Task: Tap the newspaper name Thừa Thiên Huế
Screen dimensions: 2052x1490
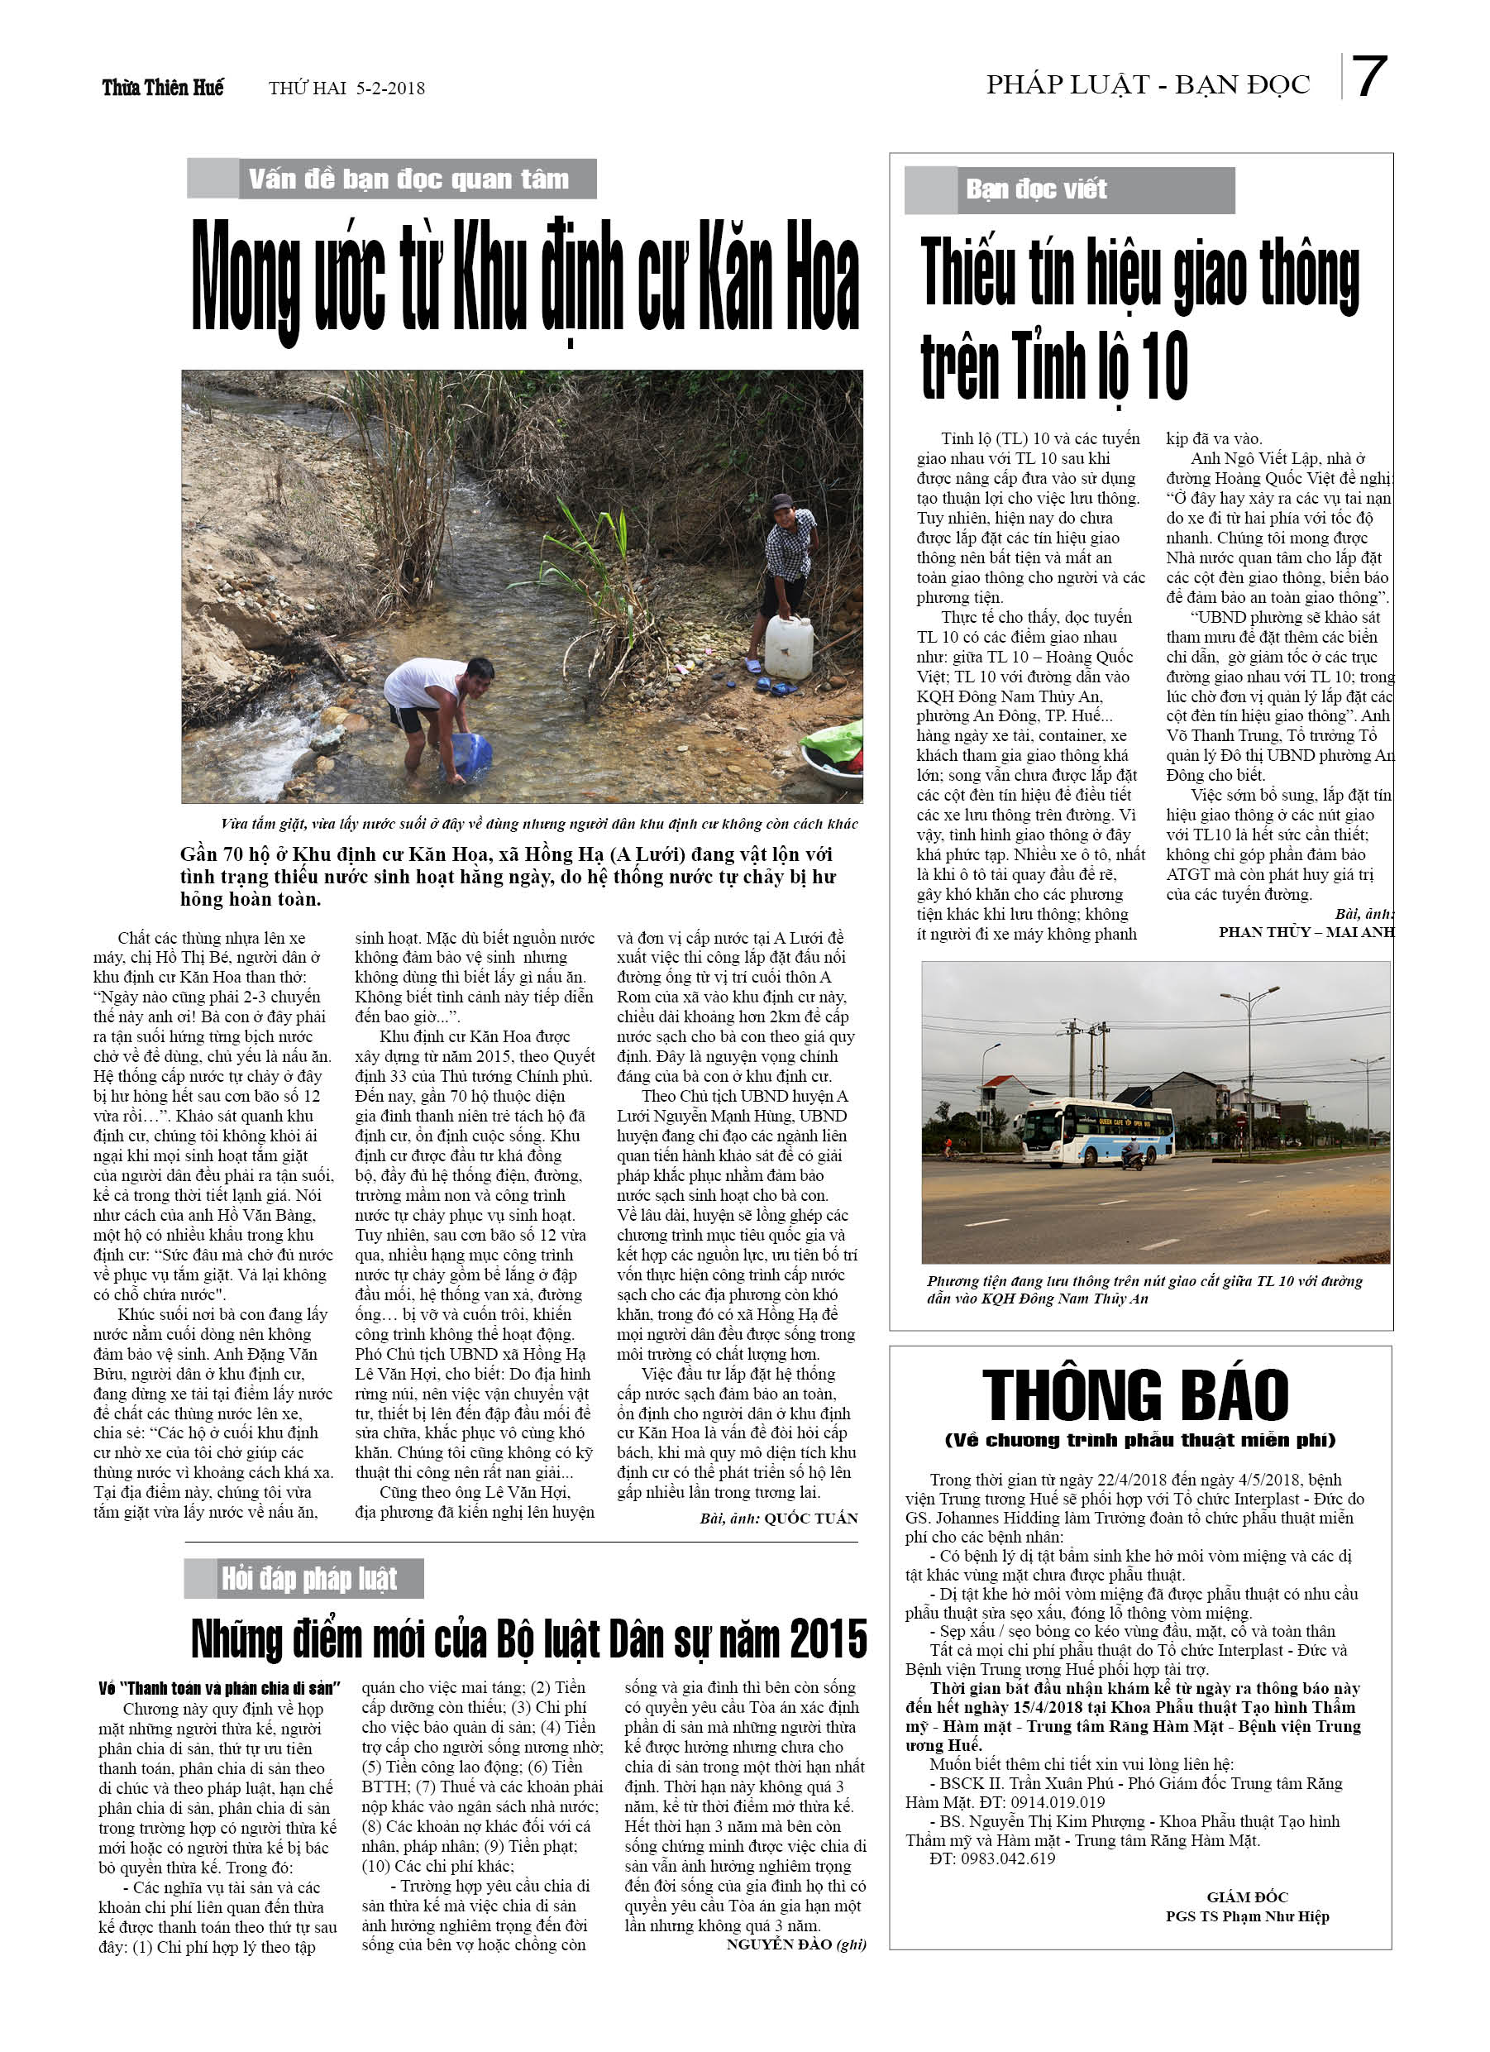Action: (x=163, y=88)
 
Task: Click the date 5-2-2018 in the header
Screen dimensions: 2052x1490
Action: (x=390, y=88)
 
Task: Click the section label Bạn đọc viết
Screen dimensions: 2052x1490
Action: (x=1036, y=189)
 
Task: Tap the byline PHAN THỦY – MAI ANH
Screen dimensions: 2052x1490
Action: (x=1305, y=932)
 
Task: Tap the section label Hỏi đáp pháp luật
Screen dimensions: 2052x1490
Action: (x=308, y=1578)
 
